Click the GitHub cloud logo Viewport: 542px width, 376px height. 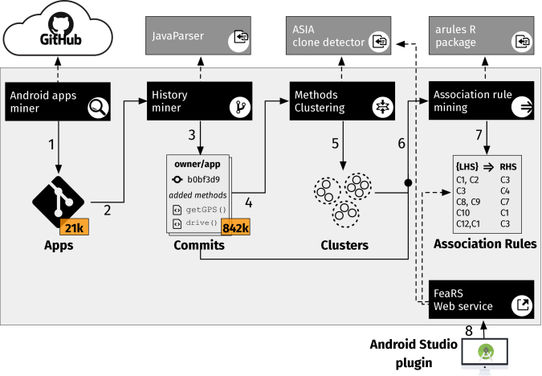(x=58, y=29)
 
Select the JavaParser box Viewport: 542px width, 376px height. (x=198, y=35)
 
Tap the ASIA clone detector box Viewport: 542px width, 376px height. (x=338, y=35)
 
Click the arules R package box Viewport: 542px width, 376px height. (x=481, y=35)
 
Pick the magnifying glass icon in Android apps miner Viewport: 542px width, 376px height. (x=98, y=108)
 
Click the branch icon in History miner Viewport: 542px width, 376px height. (x=240, y=107)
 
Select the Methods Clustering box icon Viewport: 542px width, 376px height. (x=383, y=107)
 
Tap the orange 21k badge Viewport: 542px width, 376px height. (x=75, y=227)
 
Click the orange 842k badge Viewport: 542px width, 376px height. (x=235, y=227)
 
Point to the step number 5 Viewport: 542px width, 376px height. (x=335, y=144)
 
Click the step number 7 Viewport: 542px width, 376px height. (x=479, y=135)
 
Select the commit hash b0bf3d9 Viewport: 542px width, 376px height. (x=204, y=179)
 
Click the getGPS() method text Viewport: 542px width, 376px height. (x=206, y=210)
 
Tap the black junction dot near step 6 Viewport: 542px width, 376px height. (x=408, y=182)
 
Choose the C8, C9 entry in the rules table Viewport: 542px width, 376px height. (x=468, y=202)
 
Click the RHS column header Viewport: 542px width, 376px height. (x=508, y=167)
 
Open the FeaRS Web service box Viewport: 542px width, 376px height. (x=481, y=300)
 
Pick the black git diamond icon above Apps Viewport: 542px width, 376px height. (x=58, y=202)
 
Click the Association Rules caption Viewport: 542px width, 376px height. (x=485, y=244)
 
